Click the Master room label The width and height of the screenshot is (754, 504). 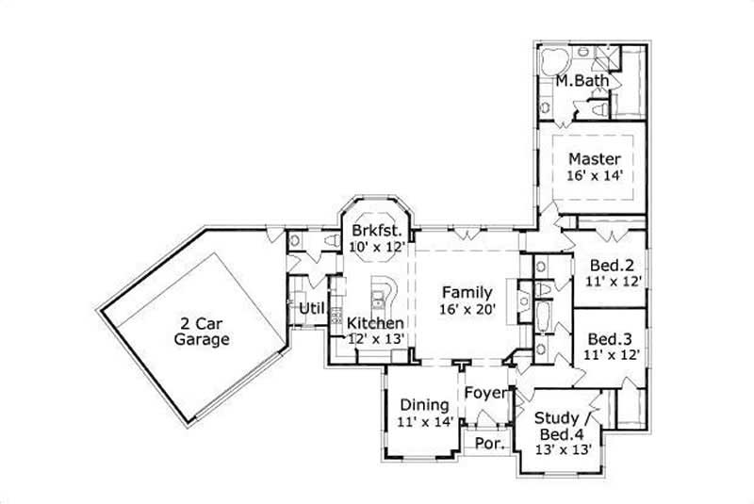594,159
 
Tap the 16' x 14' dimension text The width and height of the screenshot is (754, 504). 594,175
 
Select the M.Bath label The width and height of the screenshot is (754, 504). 574,82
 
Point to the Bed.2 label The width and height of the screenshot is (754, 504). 609,264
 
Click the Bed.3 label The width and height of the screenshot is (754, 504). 609,338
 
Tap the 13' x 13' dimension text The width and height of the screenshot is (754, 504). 564,449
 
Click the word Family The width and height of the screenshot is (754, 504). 467,291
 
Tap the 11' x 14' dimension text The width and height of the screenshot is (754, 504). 425,422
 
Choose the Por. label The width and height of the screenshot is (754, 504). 487,442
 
